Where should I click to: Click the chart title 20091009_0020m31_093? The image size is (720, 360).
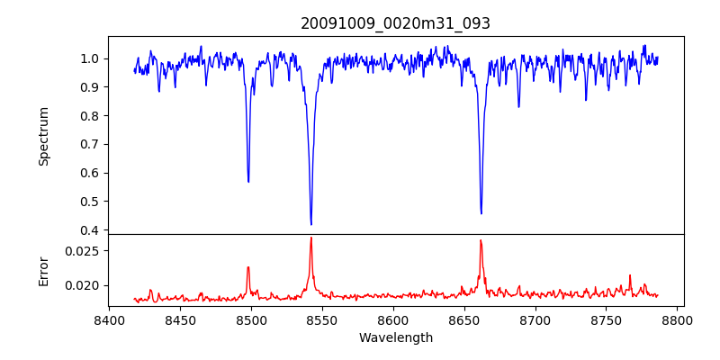[395, 23]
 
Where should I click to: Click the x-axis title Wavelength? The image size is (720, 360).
[395, 337]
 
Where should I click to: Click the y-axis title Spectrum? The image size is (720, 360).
[44, 136]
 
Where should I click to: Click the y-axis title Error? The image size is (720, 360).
[44, 270]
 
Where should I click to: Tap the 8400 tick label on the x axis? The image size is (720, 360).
[109, 319]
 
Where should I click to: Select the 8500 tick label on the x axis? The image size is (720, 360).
[251, 319]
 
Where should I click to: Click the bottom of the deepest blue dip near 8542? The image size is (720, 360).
[311, 224]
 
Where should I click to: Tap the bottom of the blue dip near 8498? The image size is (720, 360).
[248, 181]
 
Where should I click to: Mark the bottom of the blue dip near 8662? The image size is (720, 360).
[481, 213]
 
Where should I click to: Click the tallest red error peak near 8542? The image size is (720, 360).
[311, 238]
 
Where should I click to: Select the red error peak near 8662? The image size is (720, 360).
[481, 240]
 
